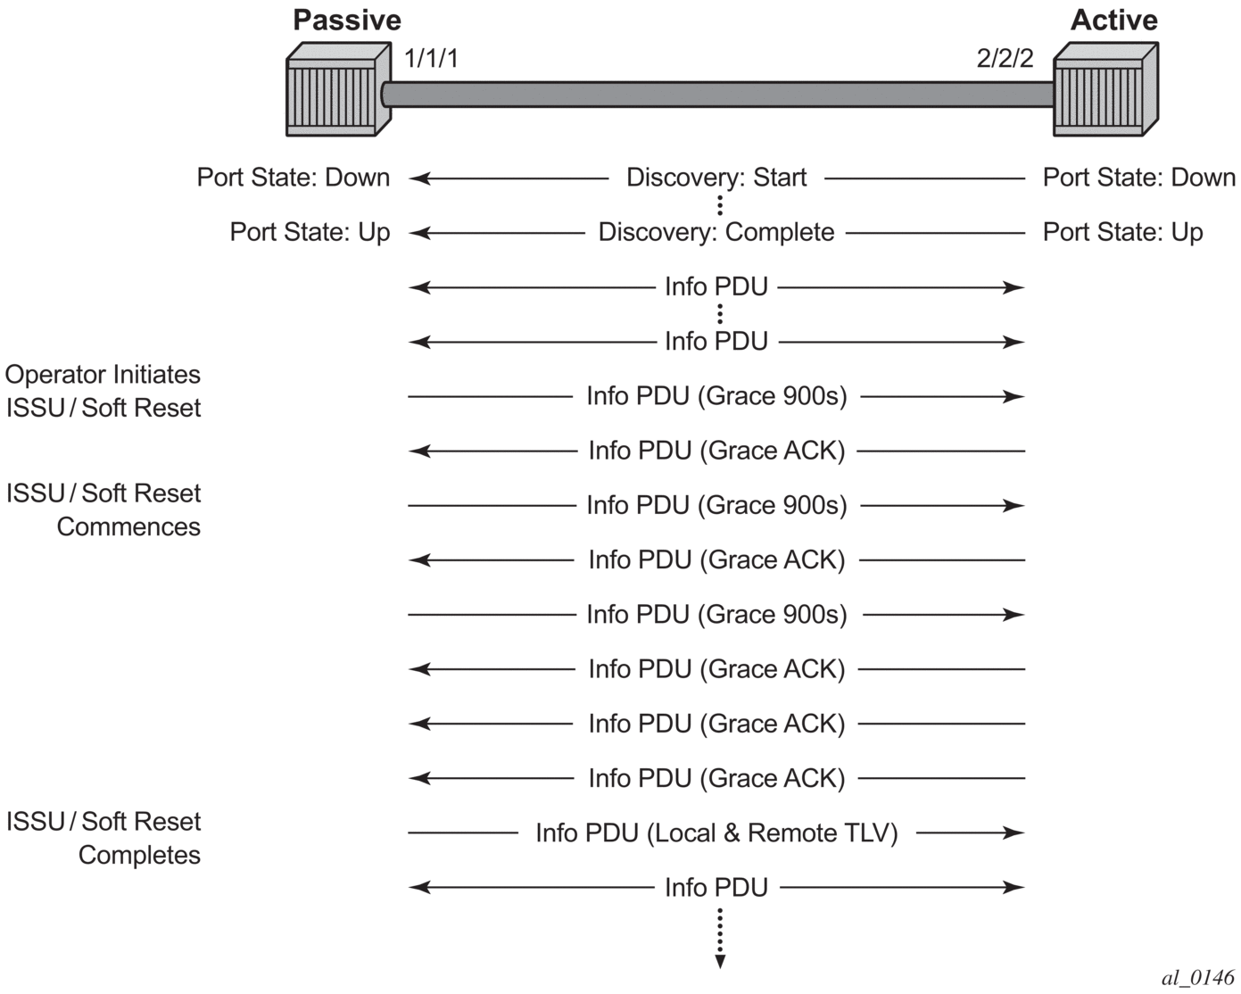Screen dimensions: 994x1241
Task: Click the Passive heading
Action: click(x=347, y=21)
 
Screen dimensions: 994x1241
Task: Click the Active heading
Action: click(x=1113, y=21)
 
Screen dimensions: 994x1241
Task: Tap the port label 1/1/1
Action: click(x=431, y=59)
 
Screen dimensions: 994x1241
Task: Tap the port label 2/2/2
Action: click(x=1005, y=59)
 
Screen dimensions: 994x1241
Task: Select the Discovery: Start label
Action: click(x=716, y=178)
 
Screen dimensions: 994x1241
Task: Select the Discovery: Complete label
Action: click(x=716, y=232)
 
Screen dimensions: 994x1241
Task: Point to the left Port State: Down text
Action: click(x=294, y=178)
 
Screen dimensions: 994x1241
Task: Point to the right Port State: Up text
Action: click(x=1122, y=232)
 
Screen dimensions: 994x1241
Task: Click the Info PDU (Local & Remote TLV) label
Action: click(x=716, y=832)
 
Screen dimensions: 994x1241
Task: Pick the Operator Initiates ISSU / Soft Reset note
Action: click(x=103, y=391)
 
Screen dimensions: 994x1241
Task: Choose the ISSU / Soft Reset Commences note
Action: click(x=103, y=509)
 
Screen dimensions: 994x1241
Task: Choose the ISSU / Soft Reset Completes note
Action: click(x=103, y=838)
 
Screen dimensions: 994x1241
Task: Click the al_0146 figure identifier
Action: click(x=1197, y=976)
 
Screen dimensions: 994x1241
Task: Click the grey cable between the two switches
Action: click(x=718, y=94)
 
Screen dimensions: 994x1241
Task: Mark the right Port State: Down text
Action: click(x=1138, y=178)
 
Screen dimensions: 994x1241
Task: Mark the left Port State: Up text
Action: click(x=310, y=232)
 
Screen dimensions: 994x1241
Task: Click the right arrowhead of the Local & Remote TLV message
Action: click(x=1014, y=832)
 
